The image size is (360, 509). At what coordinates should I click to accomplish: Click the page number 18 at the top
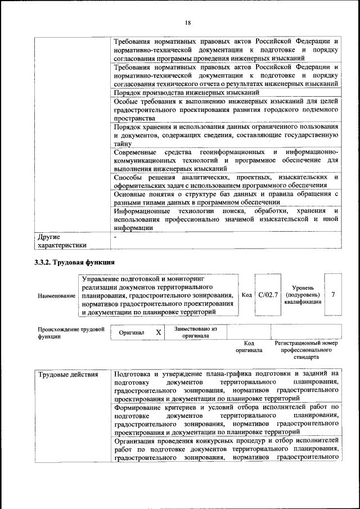(x=187, y=22)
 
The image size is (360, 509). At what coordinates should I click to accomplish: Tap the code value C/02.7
(x=268, y=294)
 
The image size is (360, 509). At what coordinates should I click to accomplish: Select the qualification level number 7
(x=334, y=294)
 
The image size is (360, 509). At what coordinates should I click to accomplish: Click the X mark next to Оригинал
(x=158, y=332)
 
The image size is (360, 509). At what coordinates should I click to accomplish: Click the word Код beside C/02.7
(x=246, y=295)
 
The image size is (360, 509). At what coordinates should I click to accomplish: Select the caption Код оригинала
(x=249, y=346)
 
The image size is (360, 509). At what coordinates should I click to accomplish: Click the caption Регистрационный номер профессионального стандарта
(x=305, y=349)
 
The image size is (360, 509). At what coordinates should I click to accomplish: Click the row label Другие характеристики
(x=62, y=241)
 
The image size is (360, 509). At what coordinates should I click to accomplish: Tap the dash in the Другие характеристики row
(x=115, y=237)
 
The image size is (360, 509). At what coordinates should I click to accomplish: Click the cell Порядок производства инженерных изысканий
(x=186, y=92)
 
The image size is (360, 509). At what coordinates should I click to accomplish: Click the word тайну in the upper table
(x=123, y=144)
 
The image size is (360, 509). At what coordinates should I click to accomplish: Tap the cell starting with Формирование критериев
(x=226, y=419)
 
